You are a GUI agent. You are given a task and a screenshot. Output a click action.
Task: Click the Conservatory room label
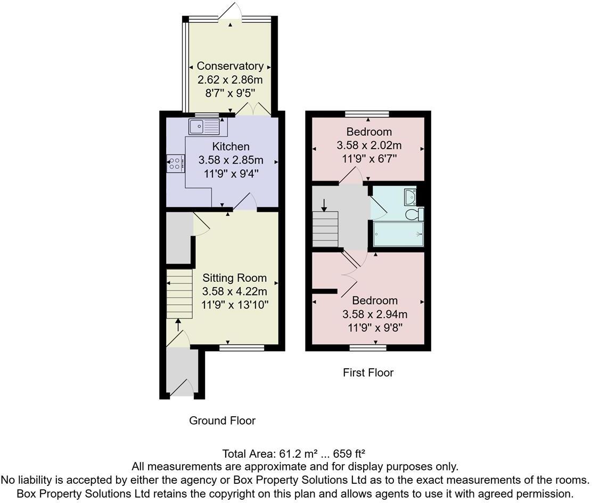tap(230, 66)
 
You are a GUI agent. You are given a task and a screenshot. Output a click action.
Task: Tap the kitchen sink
tap(204, 127)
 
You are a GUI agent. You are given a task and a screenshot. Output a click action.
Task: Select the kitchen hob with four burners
tap(175, 163)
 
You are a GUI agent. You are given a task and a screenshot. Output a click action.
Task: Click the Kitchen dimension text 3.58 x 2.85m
tap(231, 160)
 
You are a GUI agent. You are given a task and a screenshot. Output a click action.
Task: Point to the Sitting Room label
tap(234, 278)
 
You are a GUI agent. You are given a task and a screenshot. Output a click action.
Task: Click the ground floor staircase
tap(179, 294)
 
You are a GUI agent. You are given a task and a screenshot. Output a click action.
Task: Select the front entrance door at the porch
tap(182, 389)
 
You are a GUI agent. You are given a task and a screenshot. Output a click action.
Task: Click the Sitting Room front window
tap(242, 348)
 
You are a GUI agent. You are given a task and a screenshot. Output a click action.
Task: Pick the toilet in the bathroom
tap(413, 215)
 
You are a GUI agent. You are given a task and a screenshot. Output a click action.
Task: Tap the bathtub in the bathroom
tap(398, 234)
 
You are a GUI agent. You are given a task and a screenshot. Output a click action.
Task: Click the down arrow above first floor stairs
tap(324, 205)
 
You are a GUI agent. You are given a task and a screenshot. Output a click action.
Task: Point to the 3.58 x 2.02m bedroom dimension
tap(369, 145)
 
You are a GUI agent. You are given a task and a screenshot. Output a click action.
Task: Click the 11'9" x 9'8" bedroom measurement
tap(375, 327)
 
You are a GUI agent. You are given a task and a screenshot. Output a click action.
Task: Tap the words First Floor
tap(368, 372)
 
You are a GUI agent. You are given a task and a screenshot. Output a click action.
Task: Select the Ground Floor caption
tap(222, 420)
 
